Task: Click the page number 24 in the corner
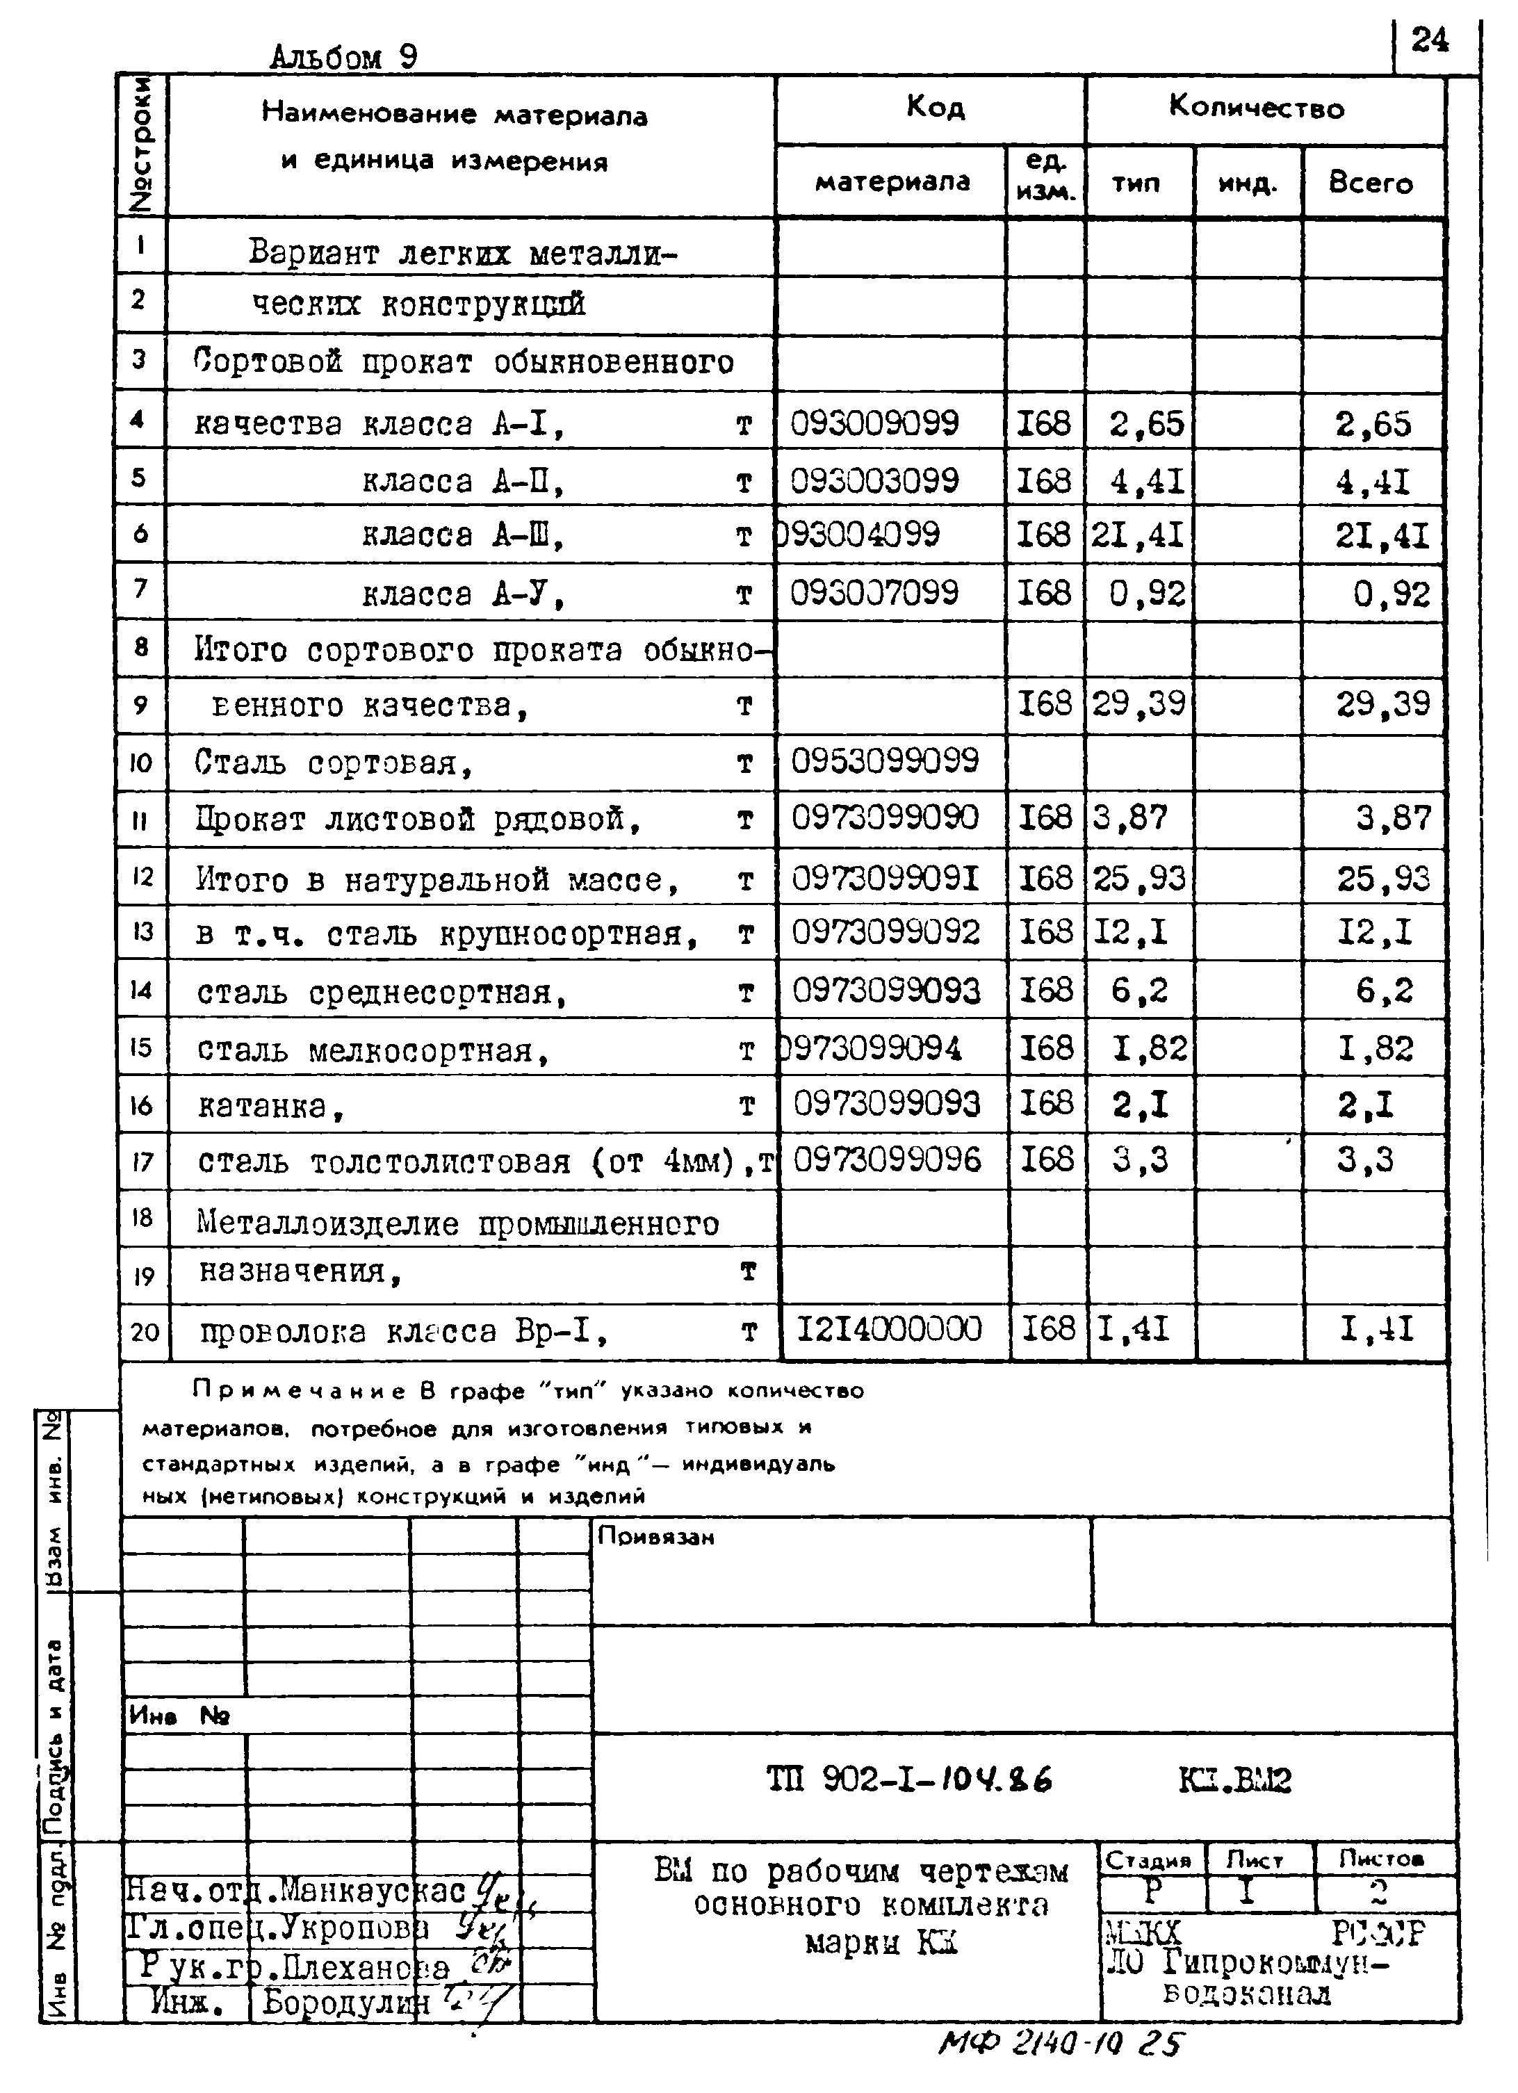click(1430, 40)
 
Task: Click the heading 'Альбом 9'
click(343, 57)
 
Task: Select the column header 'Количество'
click(1256, 108)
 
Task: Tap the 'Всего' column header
click(1371, 183)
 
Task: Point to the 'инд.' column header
click(1248, 184)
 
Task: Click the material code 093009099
click(875, 423)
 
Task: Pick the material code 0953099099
click(884, 761)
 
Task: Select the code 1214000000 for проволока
click(889, 1329)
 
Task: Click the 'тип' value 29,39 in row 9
click(1138, 704)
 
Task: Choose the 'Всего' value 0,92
click(1391, 594)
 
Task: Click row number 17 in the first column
click(142, 1161)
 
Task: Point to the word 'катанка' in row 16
click(263, 1105)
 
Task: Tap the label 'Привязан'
click(655, 1536)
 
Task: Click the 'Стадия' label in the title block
click(1148, 1859)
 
